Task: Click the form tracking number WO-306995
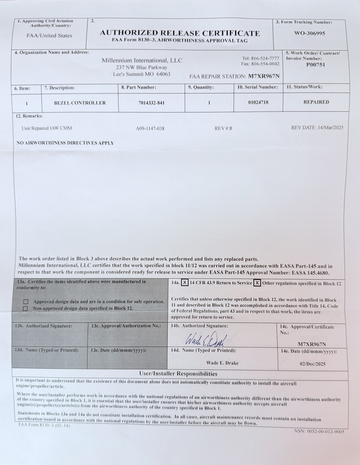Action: click(x=310, y=33)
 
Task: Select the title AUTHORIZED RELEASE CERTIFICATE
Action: click(x=180, y=33)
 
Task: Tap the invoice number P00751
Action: click(x=316, y=64)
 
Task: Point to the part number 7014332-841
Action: click(x=151, y=103)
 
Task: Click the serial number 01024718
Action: click(x=258, y=103)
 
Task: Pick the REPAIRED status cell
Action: click(x=316, y=102)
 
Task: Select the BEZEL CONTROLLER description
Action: click(x=80, y=103)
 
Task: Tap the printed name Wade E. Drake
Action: click(x=222, y=363)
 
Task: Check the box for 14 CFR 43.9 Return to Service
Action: click(x=185, y=283)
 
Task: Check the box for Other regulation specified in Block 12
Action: click(x=257, y=283)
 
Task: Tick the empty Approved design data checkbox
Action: click(x=26, y=302)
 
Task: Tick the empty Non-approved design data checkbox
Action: click(x=26, y=308)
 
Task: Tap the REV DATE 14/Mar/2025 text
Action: click(x=317, y=128)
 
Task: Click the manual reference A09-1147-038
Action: click(x=150, y=129)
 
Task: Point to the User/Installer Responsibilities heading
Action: click(x=180, y=374)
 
